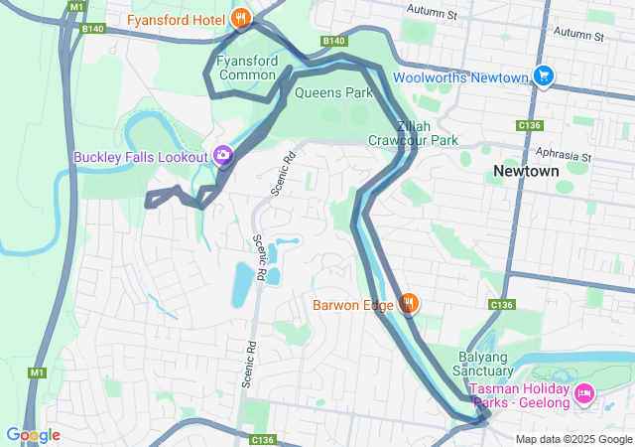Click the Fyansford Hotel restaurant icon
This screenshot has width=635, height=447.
(x=240, y=18)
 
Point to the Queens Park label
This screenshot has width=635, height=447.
(x=333, y=93)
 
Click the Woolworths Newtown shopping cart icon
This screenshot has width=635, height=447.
(x=543, y=76)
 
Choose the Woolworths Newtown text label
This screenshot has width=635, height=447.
(x=459, y=77)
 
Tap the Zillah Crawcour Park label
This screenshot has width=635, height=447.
(x=414, y=133)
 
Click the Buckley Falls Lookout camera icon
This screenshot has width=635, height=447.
(x=223, y=156)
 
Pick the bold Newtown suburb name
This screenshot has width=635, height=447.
(x=526, y=171)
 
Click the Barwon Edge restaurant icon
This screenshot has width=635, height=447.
(x=408, y=304)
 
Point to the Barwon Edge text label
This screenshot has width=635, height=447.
(x=352, y=305)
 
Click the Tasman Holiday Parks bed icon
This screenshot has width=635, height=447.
(x=584, y=394)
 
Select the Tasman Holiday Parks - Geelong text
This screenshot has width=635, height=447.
(x=520, y=394)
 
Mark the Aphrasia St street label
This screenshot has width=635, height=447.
(x=563, y=156)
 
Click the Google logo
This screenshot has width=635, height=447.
(x=33, y=435)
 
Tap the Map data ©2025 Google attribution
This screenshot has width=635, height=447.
(x=573, y=439)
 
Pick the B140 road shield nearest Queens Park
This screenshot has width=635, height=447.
(x=334, y=41)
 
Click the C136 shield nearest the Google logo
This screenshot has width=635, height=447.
(x=262, y=439)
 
